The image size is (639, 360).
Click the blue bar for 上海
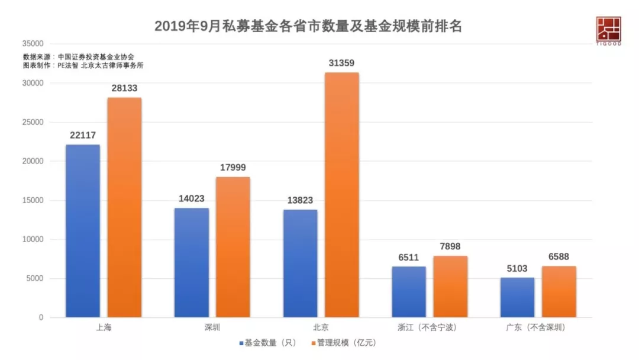[83, 231]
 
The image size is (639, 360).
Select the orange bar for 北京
[341, 195]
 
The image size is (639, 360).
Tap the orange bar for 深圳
[233, 247]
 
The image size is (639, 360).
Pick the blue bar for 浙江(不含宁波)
[409, 292]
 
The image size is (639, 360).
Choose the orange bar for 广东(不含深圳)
[559, 291]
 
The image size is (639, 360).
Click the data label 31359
[341, 63]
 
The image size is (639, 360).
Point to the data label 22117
[83, 136]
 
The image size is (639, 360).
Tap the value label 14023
[192, 199]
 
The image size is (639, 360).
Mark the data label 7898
[450, 247]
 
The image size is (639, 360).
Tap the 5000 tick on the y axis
[34, 279]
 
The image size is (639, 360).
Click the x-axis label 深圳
[211, 327]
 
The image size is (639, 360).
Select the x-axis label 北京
[320, 327]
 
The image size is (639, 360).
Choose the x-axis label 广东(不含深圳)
[537, 327]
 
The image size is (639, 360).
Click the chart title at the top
[308, 27]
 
